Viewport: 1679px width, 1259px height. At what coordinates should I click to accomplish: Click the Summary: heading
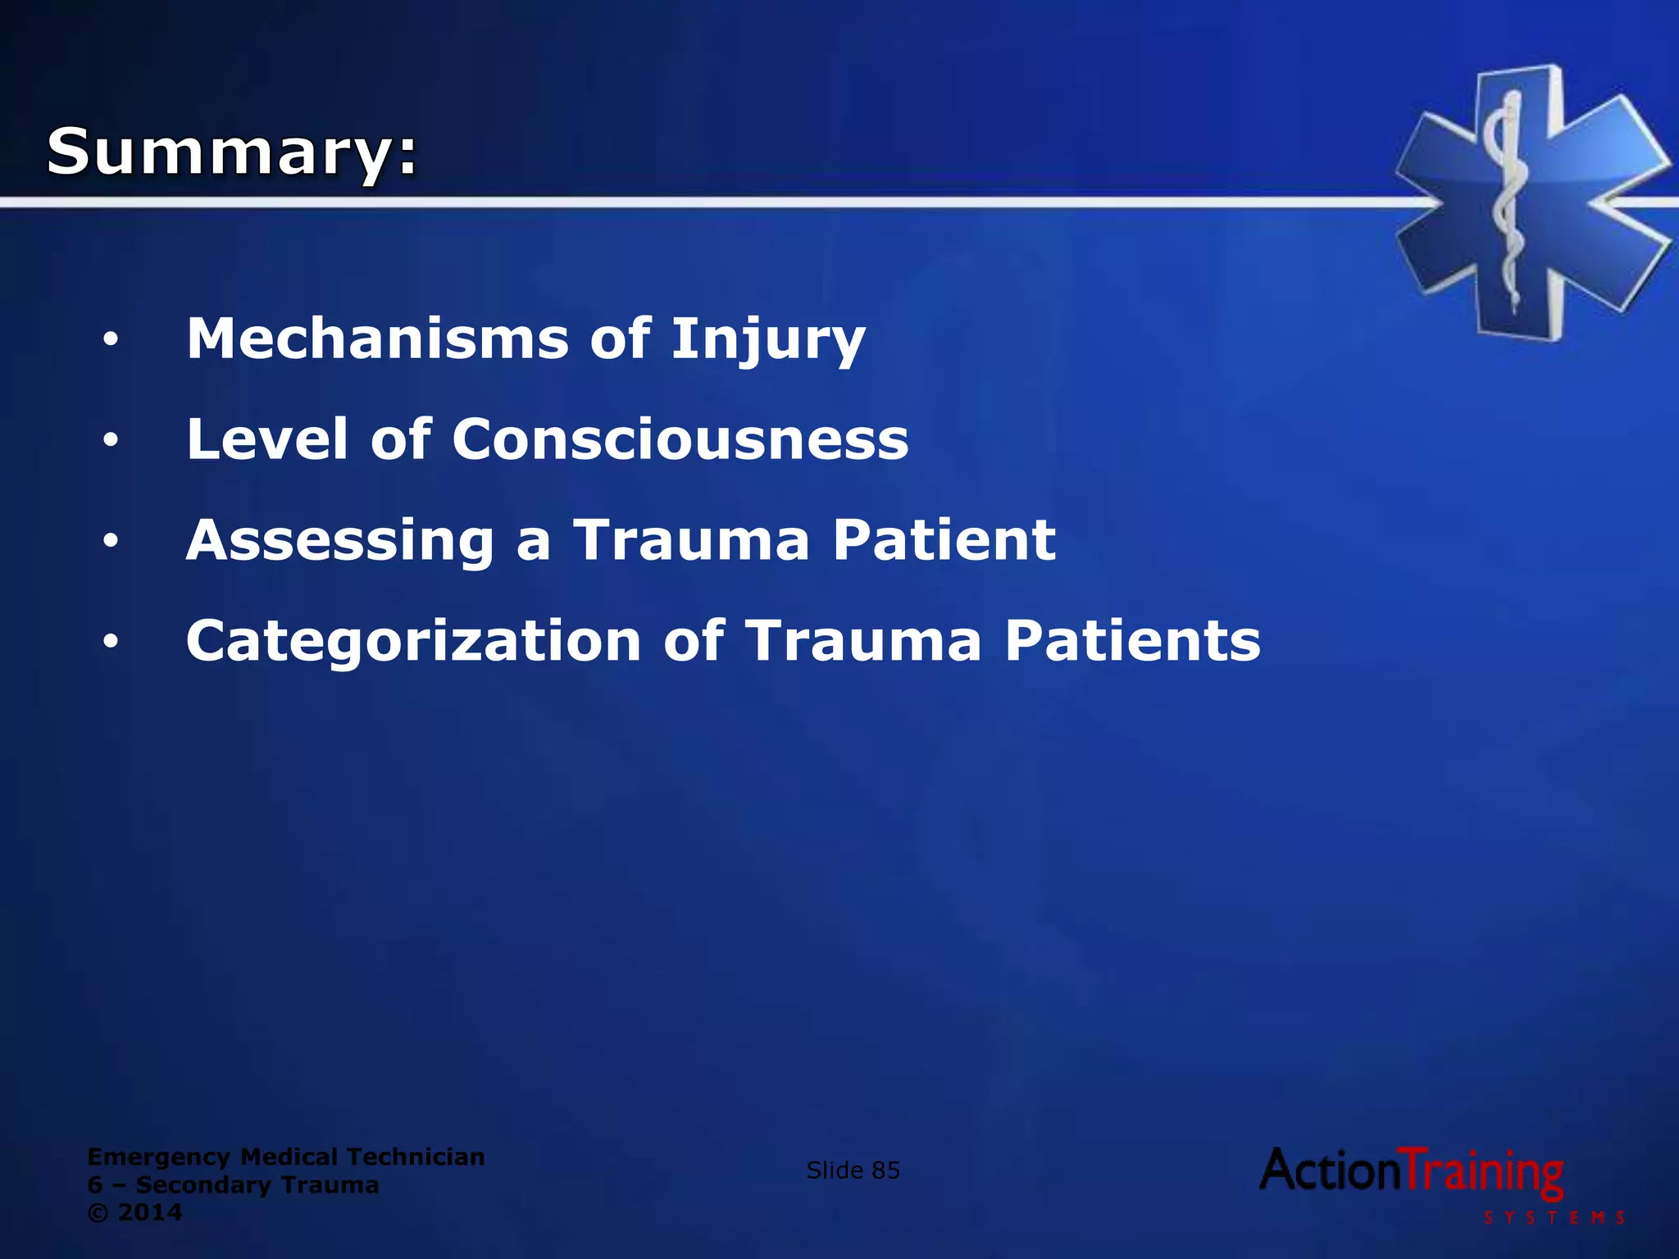click(x=232, y=152)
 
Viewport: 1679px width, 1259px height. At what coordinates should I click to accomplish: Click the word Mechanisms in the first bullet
click(x=377, y=339)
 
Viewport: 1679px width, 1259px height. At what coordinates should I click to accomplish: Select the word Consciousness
click(x=680, y=439)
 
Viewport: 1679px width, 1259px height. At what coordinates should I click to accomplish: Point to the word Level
click(x=267, y=439)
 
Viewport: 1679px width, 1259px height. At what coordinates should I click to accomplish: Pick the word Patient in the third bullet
click(x=944, y=540)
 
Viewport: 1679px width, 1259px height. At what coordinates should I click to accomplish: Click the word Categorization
click(x=413, y=641)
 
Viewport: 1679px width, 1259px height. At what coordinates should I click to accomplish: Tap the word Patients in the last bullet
click(x=1132, y=641)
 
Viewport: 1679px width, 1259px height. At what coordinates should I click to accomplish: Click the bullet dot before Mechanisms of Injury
click(x=111, y=339)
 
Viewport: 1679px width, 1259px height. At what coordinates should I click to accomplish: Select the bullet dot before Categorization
click(x=111, y=642)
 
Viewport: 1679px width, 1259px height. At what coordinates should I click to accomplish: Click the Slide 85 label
click(x=853, y=1170)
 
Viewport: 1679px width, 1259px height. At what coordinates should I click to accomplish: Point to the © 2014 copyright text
click(x=134, y=1212)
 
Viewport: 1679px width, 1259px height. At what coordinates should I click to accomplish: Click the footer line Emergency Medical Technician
click(x=285, y=1157)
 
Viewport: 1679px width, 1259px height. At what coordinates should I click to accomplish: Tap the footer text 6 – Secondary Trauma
click(x=233, y=1184)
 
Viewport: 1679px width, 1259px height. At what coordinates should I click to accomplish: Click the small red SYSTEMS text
click(x=1554, y=1218)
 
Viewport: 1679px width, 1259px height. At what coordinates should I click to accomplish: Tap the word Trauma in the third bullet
click(x=690, y=540)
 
